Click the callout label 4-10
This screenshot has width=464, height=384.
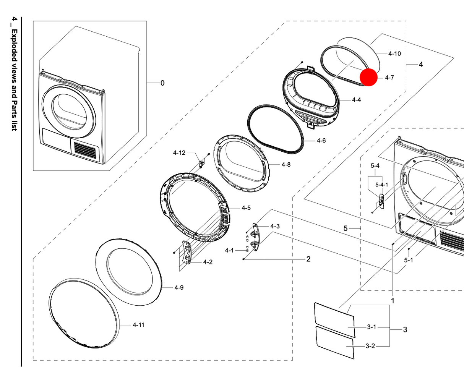point(394,53)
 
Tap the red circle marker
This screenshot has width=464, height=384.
point(369,77)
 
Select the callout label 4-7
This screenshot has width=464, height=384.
point(389,78)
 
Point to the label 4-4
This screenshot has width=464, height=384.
point(356,100)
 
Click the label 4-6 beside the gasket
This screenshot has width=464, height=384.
point(321,141)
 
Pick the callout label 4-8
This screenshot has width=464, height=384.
point(286,165)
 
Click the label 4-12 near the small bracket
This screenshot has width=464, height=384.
point(179,153)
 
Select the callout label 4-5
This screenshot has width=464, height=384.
point(246,208)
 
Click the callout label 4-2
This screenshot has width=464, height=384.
point(208,262)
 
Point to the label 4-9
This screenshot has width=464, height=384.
point(179,287)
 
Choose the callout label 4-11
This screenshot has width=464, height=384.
point(138,325)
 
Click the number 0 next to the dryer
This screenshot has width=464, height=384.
point(162,83)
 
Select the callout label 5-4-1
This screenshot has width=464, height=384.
point(381,185)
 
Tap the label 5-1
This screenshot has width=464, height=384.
point(409,260)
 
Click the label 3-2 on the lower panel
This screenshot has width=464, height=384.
point(370,346)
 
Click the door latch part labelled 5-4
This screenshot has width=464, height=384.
point(381,201)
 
